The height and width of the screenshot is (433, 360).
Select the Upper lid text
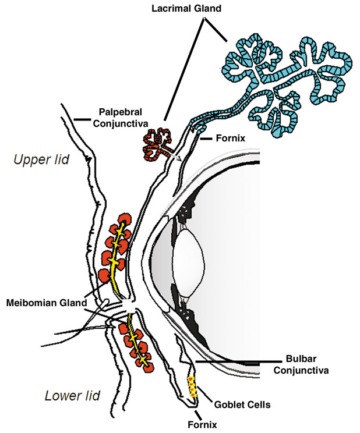tap(40, 159)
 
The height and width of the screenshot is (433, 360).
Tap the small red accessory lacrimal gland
tap(158, 145)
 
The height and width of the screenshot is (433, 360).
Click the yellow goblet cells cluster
tap(192, 387)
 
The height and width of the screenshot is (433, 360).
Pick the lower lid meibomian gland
tap(135, 343)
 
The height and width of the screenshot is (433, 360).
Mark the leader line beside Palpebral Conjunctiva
tap(83, 121)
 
